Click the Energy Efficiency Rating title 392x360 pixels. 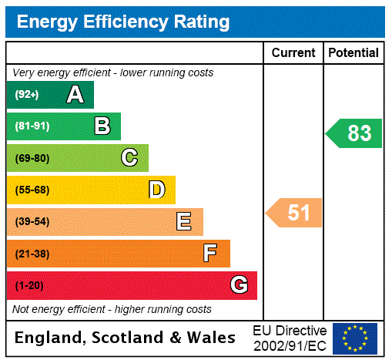pos(122,22)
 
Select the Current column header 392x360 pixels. pos(293,53)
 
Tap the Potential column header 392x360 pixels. pos(353,53)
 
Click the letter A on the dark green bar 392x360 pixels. pos(75,95)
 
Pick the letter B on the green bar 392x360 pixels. pos(102,126)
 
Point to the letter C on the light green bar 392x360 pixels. pos(129,158)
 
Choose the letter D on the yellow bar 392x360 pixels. pos(156,190)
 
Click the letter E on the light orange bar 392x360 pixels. pos(184,222)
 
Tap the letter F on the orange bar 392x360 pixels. pos(210,254)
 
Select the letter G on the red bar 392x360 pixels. pos(239,285)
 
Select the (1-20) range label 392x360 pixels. pos(29,286)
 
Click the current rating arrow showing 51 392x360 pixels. pos(294,213)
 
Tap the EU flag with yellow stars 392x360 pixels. pos(354,338)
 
